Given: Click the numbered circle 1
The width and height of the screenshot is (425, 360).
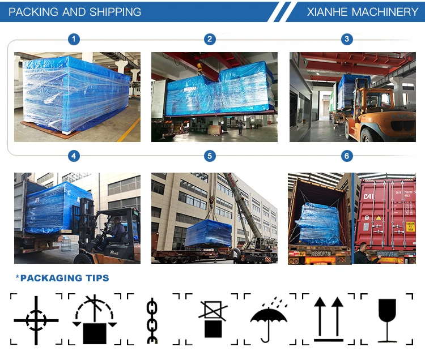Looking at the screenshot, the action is (x=74, y=39).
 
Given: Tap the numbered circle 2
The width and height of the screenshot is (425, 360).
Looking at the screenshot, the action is (x=210, y=39).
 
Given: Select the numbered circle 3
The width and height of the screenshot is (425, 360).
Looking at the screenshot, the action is (x=347, y=39).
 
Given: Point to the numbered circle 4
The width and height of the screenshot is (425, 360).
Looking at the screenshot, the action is (x=74, y=156).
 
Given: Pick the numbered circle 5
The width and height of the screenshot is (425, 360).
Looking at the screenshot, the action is (x=210, y=156).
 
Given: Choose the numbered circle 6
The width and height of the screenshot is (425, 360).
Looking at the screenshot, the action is (x=347, y=156).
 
